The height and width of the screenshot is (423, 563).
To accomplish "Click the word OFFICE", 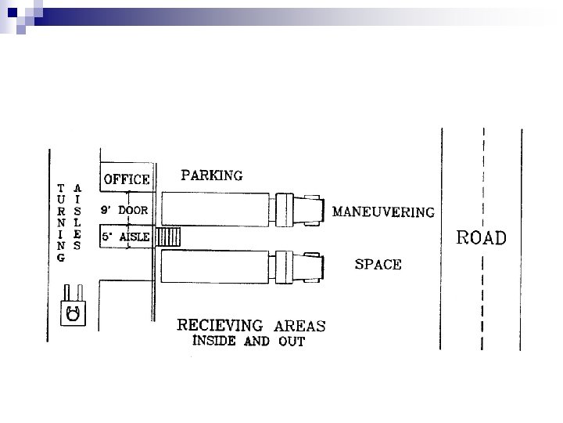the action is click(127, 179).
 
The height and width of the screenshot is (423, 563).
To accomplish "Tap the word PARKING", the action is click(211, 175).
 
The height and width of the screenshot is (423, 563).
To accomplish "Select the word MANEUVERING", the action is click(383, 211).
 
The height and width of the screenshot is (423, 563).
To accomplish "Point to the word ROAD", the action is click(482, 238).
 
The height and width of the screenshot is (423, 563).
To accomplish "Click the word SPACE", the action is click(378, 265).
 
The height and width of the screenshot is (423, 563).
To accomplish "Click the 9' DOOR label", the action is click(125, 210).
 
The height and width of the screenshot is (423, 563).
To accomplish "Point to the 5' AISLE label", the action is click(125, 237).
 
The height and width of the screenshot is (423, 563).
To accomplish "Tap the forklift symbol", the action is click(73, 310).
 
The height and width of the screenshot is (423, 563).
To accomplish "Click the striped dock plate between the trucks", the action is click(169, 237).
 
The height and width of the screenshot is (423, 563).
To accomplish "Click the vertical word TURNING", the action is click(61, 223).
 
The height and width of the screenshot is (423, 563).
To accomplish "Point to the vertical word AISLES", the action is click(77, 216).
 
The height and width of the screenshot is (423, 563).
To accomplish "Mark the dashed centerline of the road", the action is click(482, 298).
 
